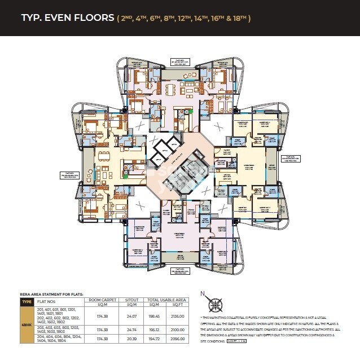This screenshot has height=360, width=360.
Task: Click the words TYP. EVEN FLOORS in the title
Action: click(x=67, y=17)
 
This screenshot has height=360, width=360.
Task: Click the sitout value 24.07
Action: click(x=132, y=316)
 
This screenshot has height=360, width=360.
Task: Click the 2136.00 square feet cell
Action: click(x=178, y=316)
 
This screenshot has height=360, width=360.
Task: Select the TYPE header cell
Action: click(x=27, y=301)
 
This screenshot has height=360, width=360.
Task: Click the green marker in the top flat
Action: click(x=191, y=111)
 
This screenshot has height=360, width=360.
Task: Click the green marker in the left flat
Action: click(x=125, y=176)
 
